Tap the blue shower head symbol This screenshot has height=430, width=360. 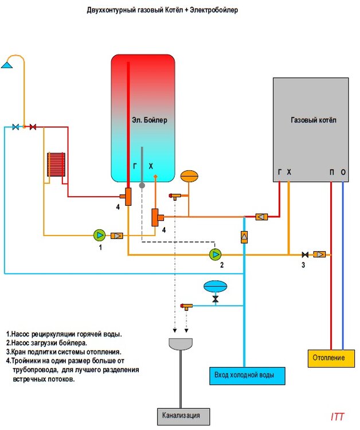[x=7, y=63]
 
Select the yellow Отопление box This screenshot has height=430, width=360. [x=328, y=358]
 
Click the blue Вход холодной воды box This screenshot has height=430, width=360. [x=244, y=376]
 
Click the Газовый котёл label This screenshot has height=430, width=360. [x=312, y=121]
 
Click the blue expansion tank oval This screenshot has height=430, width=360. [x=216, y=285]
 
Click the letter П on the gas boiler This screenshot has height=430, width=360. [x=331, y=172]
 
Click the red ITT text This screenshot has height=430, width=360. [x=338, y=416]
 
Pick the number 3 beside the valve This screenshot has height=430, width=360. [x=303, y=265]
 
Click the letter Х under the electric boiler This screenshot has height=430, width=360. [x=151, y=165]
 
